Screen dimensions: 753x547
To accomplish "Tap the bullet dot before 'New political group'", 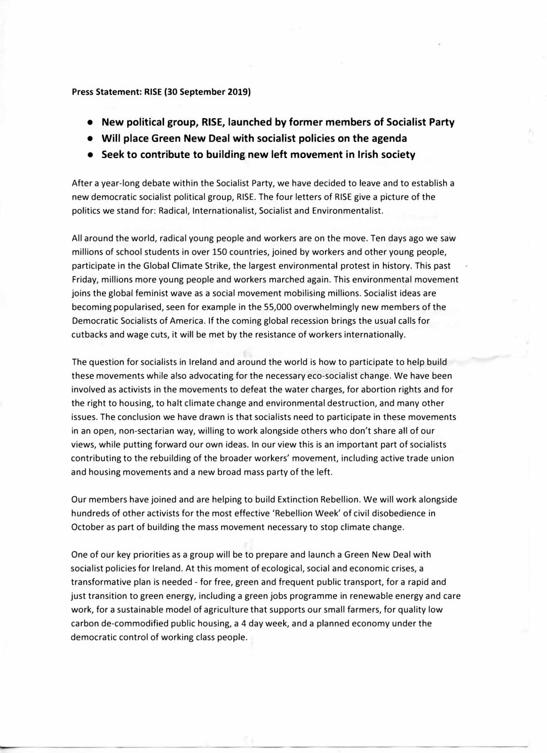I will click(x=89, y=123).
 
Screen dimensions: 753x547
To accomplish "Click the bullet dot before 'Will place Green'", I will click(x=89, y=139).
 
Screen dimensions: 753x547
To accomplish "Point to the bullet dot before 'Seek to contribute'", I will click(x=89, y=155).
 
